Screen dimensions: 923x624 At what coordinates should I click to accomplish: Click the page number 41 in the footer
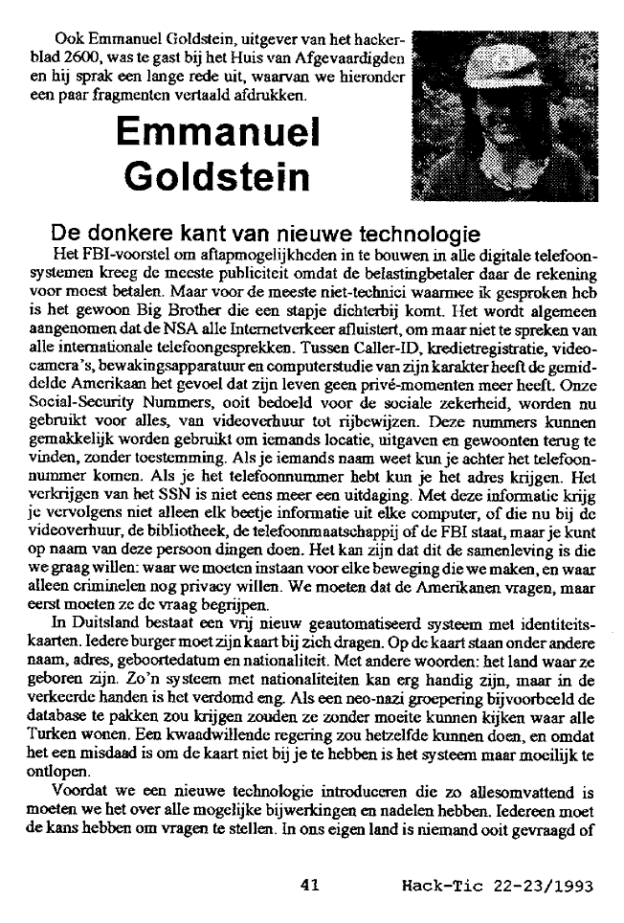(x=309, y=886)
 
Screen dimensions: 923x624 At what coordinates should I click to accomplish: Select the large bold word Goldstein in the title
(x=218, y=177)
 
